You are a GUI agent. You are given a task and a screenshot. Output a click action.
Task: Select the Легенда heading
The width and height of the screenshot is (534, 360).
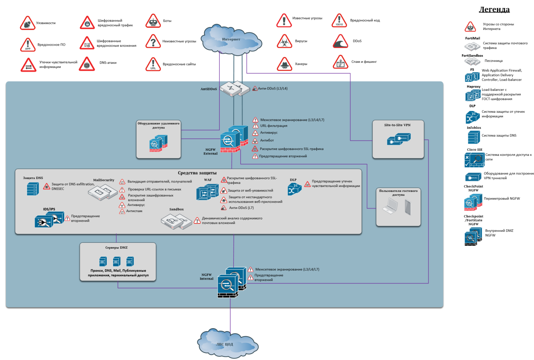coord(494,9)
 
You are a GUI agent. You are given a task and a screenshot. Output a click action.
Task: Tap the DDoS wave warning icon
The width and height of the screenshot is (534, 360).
coord(340,42)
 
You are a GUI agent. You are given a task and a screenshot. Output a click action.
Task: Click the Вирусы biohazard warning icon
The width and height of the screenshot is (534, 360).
coord(284,42)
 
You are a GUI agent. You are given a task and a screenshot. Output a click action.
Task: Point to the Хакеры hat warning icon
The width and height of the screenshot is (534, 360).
coord(284,64)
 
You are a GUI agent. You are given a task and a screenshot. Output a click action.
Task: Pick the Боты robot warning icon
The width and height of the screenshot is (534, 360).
coord(153,21)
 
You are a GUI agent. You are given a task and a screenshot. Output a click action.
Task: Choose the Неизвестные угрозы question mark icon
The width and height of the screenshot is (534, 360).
coord(153,42)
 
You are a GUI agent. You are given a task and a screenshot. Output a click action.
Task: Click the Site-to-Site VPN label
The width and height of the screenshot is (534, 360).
coord(397,125)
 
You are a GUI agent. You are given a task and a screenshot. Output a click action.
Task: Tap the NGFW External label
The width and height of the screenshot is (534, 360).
coord(211,152)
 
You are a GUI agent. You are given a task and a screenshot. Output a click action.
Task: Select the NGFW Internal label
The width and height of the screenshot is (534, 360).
coord(207,277)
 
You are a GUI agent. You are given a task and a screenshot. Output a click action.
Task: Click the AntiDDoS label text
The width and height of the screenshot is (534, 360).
coord(209,89)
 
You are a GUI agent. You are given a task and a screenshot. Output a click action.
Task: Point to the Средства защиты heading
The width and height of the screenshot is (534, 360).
coord(197,173)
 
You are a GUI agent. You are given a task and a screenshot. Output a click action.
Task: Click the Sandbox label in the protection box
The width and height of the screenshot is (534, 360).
coord(176,209)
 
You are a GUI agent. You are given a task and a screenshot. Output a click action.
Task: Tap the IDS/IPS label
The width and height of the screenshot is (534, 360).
coord(49,209)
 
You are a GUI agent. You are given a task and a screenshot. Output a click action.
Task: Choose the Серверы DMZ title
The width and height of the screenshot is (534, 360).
coord(116,248)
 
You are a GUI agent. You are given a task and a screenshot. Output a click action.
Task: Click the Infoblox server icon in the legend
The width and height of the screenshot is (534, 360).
coord(473,137)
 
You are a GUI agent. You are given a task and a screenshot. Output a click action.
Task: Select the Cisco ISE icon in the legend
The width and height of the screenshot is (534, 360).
coord(474,160)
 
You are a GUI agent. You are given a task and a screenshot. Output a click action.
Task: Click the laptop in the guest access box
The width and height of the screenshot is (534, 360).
coord(390,207)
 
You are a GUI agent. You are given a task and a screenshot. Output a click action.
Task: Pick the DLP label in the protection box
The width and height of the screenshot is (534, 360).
coord(293,180)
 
